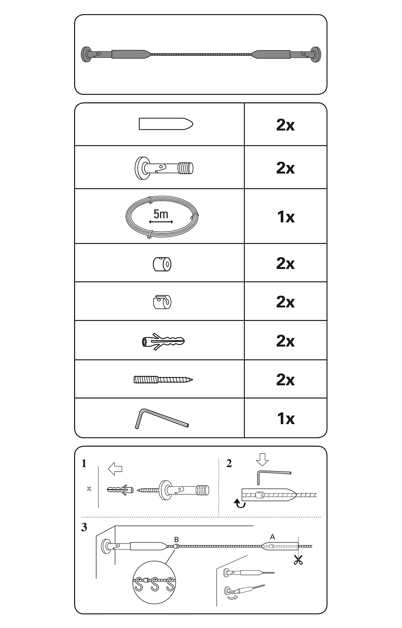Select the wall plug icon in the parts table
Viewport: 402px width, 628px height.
pyautogui.click(x=163, y=341)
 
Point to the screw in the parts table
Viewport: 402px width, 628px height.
pyautogui.click(x=163, y=379)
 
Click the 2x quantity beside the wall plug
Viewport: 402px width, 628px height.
pyautogui.click(x=286, y=341)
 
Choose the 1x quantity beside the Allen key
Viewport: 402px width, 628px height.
pyautogui.click(x=286, y=419)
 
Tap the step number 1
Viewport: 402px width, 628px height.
pyautogui.click(x=84, y=464)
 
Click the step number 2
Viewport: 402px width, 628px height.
pyautogui.click(x=229, y=463)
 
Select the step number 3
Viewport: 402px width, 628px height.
pyautogui.click(x=84, y=527)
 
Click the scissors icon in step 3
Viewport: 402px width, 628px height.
pyautogui.click(x=298, y=560)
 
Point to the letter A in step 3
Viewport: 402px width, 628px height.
pyautogui.click(x=272, y=537)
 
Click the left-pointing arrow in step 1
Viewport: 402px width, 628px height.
pyautogui.click(x=115, y=469)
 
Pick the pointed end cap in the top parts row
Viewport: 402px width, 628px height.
pyautogui.click(x=166, y=124)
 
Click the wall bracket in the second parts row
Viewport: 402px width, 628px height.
pyautogui.click(x=164, y=168)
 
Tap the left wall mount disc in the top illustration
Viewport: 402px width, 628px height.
pyautogui.click(x=86, y=54)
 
